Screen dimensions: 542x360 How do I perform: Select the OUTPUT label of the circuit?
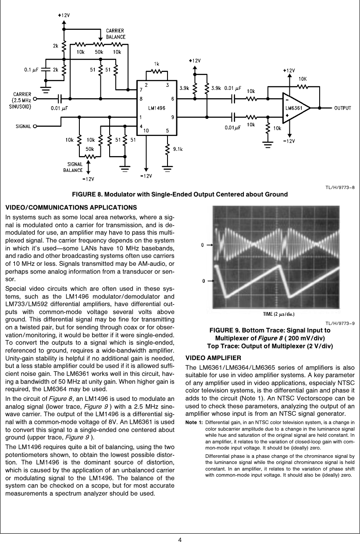tap(343, 108)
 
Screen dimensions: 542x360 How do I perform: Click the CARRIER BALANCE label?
tap(115, 34)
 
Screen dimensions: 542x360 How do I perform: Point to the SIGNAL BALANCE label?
tap(73, 167)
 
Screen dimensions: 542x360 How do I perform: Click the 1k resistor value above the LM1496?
tap(157, 64)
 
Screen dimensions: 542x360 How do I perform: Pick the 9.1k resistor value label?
tap(178, 149)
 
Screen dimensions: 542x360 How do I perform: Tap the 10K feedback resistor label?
tap(303, 78)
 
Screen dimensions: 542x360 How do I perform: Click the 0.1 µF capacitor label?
tap(32, 69)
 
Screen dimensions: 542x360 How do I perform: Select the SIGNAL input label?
tap(23, 126)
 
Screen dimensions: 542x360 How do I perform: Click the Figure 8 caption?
tap(180, 194)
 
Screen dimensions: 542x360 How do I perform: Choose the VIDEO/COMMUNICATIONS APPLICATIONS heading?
tap(71, 207)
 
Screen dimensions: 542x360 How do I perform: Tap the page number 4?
tap(180, 539)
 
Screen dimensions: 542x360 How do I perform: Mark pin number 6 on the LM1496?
tap(172, 99)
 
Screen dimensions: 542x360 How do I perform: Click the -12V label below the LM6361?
tap(289, 141)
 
